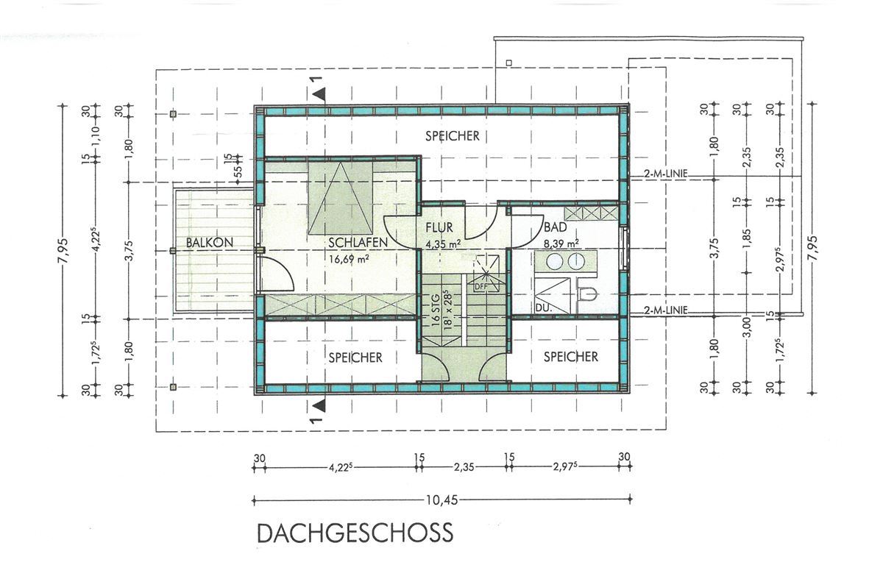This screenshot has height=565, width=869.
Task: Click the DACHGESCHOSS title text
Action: point(355,533)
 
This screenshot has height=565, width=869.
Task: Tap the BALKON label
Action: point(210,243)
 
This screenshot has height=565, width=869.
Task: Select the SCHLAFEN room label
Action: point(358,243)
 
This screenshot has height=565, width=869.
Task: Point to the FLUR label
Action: point(439,227)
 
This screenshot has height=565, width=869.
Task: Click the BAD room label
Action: point(556,227)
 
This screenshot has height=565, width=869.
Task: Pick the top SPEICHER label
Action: point(453,135)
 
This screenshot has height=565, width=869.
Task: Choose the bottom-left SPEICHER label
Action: point(356,358)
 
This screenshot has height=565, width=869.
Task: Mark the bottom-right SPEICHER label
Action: point(571,357)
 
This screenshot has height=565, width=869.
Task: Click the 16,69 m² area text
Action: point(350,257)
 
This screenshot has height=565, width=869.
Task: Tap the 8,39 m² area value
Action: point(562,243)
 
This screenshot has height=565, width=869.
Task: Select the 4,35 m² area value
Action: point(444,243)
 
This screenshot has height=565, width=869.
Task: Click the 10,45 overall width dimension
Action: point(442,500)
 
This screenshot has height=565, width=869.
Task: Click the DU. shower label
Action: point(542,307)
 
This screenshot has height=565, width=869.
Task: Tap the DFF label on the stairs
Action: point(480,286)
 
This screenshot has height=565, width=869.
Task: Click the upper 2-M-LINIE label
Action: point(666,174)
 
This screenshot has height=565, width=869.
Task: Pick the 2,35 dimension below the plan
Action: point(464,467)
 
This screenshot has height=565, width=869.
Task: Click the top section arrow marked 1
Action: point(318,89)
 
